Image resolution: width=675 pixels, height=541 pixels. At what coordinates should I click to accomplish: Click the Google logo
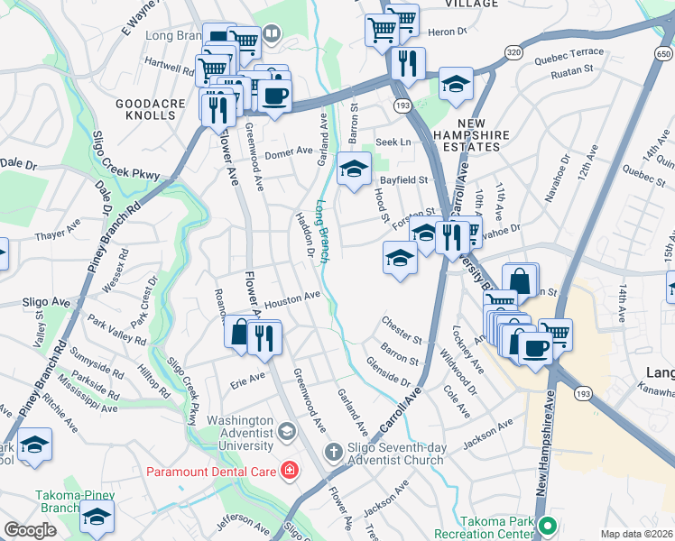tap(30, 529)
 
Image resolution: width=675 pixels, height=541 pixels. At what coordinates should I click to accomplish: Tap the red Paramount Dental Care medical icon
tap(289, 471)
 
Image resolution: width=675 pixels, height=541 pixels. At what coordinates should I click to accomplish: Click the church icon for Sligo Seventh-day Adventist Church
tap(332, 450)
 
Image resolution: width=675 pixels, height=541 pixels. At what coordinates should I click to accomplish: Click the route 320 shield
tap(513, 53)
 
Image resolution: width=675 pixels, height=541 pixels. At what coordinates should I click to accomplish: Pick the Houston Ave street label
tap(292, 298)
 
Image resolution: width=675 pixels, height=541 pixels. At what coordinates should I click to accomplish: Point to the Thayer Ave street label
tap(58, 234)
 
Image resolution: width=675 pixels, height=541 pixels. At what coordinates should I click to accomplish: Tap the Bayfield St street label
tap(402, 180)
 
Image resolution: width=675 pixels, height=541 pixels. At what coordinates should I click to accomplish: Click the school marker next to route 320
tap(456, 84)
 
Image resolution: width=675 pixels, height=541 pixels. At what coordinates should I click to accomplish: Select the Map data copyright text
tap(637, 534)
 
